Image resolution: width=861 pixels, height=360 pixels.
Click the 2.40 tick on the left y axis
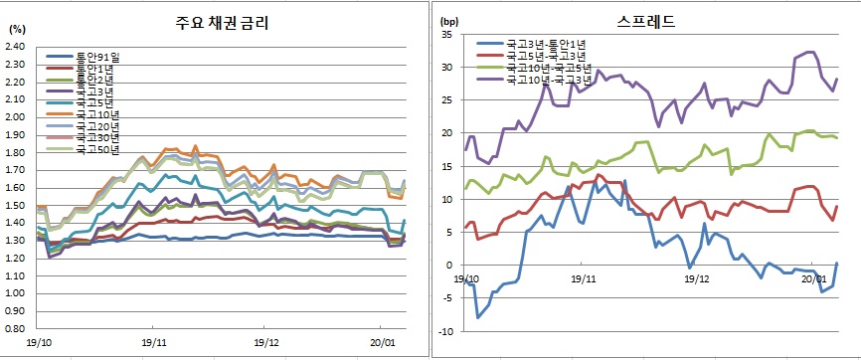15,46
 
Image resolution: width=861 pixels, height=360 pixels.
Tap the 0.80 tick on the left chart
15,327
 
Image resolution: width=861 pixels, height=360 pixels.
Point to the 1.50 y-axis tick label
15,204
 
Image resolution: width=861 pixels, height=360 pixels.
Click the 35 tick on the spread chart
446,35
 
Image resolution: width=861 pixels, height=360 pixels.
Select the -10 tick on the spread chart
444,331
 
